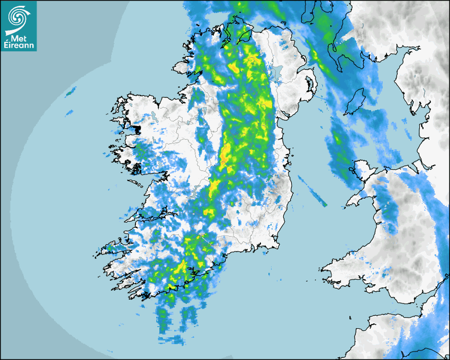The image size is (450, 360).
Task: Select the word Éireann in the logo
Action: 19,46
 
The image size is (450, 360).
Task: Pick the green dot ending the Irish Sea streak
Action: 325,205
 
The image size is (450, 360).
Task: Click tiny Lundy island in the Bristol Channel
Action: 350,317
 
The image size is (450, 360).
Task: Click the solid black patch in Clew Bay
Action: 136,128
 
